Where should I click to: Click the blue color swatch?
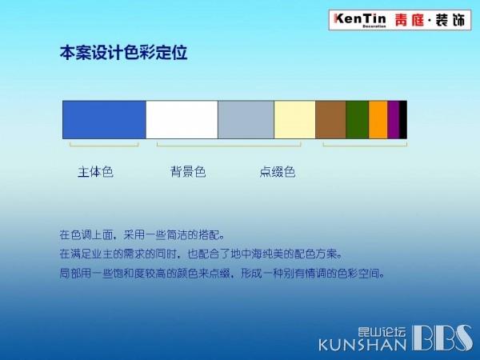point(104,120)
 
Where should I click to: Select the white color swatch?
point(182,120)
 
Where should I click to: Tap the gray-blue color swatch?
point(246,120)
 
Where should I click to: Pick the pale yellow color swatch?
point(294,120)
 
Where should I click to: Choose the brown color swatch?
point(330,120)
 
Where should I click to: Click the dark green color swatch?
point(358,120)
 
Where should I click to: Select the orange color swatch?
point(378,120)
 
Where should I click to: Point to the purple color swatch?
point(394,120)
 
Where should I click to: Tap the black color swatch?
point(403,120)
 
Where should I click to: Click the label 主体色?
point(95,172)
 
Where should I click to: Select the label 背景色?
point(188,172)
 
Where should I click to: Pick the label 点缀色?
point(278,172)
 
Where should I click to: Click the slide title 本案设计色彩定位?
point(123,53)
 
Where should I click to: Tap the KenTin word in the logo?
point(360,19)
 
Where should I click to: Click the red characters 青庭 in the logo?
point(410,20)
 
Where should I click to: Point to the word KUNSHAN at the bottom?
point(362,345)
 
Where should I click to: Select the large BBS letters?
point(442,338)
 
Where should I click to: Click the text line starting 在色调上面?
point(142,234)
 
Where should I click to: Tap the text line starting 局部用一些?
point(222,273)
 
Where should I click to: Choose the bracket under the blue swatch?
point(104,146)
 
